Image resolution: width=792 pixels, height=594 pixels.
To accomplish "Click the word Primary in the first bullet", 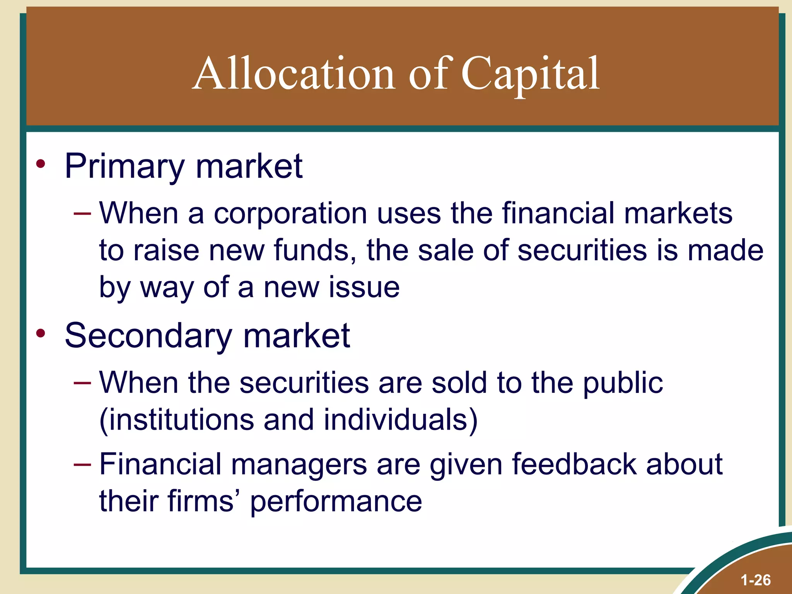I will pos(125,167).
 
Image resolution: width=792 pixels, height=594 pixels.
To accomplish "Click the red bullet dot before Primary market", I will pos(41,164).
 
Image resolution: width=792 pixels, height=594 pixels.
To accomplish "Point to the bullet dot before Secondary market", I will pos(41,333).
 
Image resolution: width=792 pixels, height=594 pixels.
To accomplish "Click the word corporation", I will pos(290,213).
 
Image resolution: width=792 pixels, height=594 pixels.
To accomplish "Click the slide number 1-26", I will pos(755,580).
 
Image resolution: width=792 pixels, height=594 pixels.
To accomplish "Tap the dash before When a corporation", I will pos(82,213).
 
